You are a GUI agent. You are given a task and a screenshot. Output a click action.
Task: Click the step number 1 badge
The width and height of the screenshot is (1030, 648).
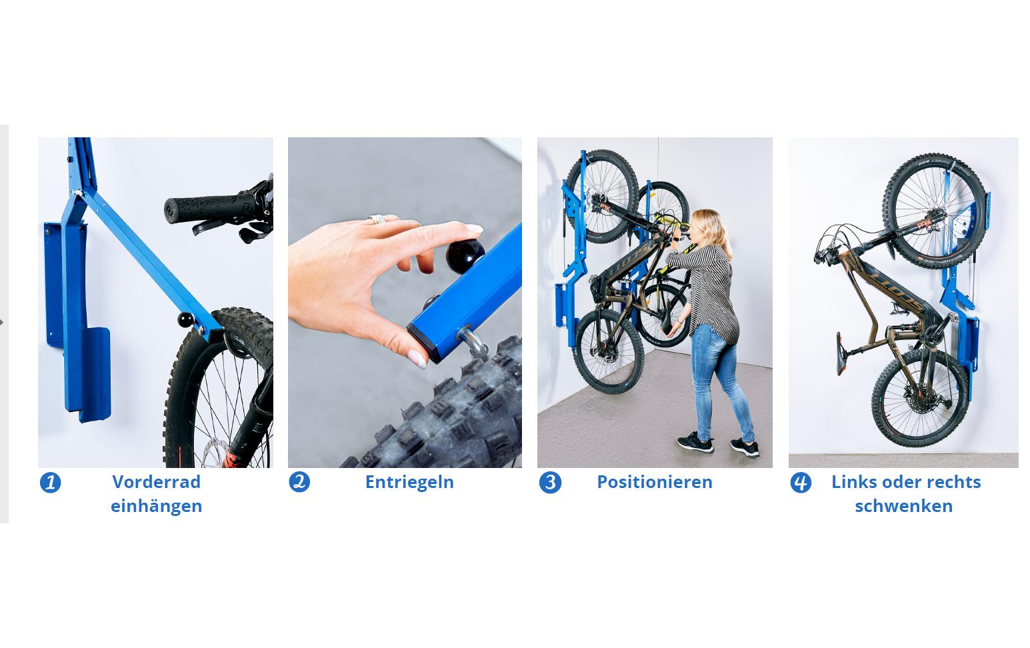pyautogui.click(x=50, y=483)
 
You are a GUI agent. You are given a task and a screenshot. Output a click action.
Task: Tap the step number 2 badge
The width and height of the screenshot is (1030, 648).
pyautogui.click(x=299, y=482)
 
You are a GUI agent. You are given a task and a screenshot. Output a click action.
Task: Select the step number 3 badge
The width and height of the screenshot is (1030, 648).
pyautogui.click(x=550, y=482)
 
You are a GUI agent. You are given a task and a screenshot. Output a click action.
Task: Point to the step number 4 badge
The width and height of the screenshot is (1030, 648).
pyautogui.click(x=801, y=482)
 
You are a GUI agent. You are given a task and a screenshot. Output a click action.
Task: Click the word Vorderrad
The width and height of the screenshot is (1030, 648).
pyautogui.click(x=156, y=482)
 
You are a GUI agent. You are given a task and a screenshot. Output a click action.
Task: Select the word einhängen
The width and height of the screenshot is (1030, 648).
pyautogui.click(x=156, y=506)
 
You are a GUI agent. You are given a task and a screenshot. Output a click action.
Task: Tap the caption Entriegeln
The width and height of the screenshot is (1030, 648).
pyautogui.click(x=409, y=482)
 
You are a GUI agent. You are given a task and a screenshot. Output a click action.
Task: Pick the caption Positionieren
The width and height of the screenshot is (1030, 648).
pyautogui.click(x=654, y=482)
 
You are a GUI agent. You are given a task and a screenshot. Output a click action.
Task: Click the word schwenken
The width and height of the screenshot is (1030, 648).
pyautogui.click(x=903, y=506)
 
